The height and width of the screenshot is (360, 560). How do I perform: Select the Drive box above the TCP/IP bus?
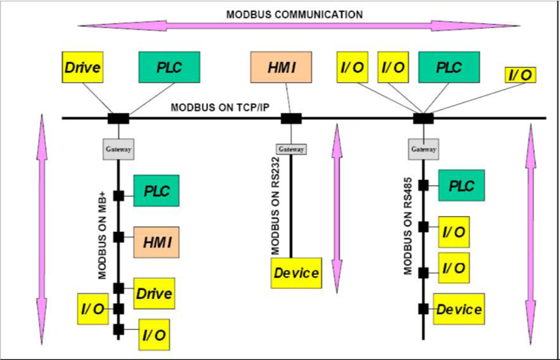coord(83,68)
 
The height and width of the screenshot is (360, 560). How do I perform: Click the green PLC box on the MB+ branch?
coord(157,190)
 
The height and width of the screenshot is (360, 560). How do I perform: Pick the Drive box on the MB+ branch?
coord(154,293)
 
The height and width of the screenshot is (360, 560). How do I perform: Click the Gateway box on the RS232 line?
coord(292,149)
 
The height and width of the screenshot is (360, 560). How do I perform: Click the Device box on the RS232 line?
coord(296,273)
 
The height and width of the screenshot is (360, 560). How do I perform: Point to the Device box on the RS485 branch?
coord(458,310)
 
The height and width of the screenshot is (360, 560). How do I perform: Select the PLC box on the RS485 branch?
coord(461,185)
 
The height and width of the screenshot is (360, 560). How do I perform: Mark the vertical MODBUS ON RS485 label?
coord(407,226)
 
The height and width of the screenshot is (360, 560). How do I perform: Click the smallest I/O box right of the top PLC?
coord(520,75)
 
